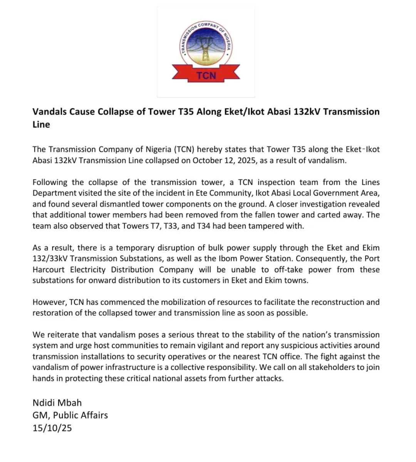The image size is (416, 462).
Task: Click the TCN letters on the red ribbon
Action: point(206,75)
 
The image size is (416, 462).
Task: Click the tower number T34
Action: point(203,226)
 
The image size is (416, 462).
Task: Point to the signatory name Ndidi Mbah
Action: point(57,403)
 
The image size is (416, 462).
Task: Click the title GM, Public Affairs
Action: point(70,415)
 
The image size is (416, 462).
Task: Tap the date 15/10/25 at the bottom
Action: point(52,428)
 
